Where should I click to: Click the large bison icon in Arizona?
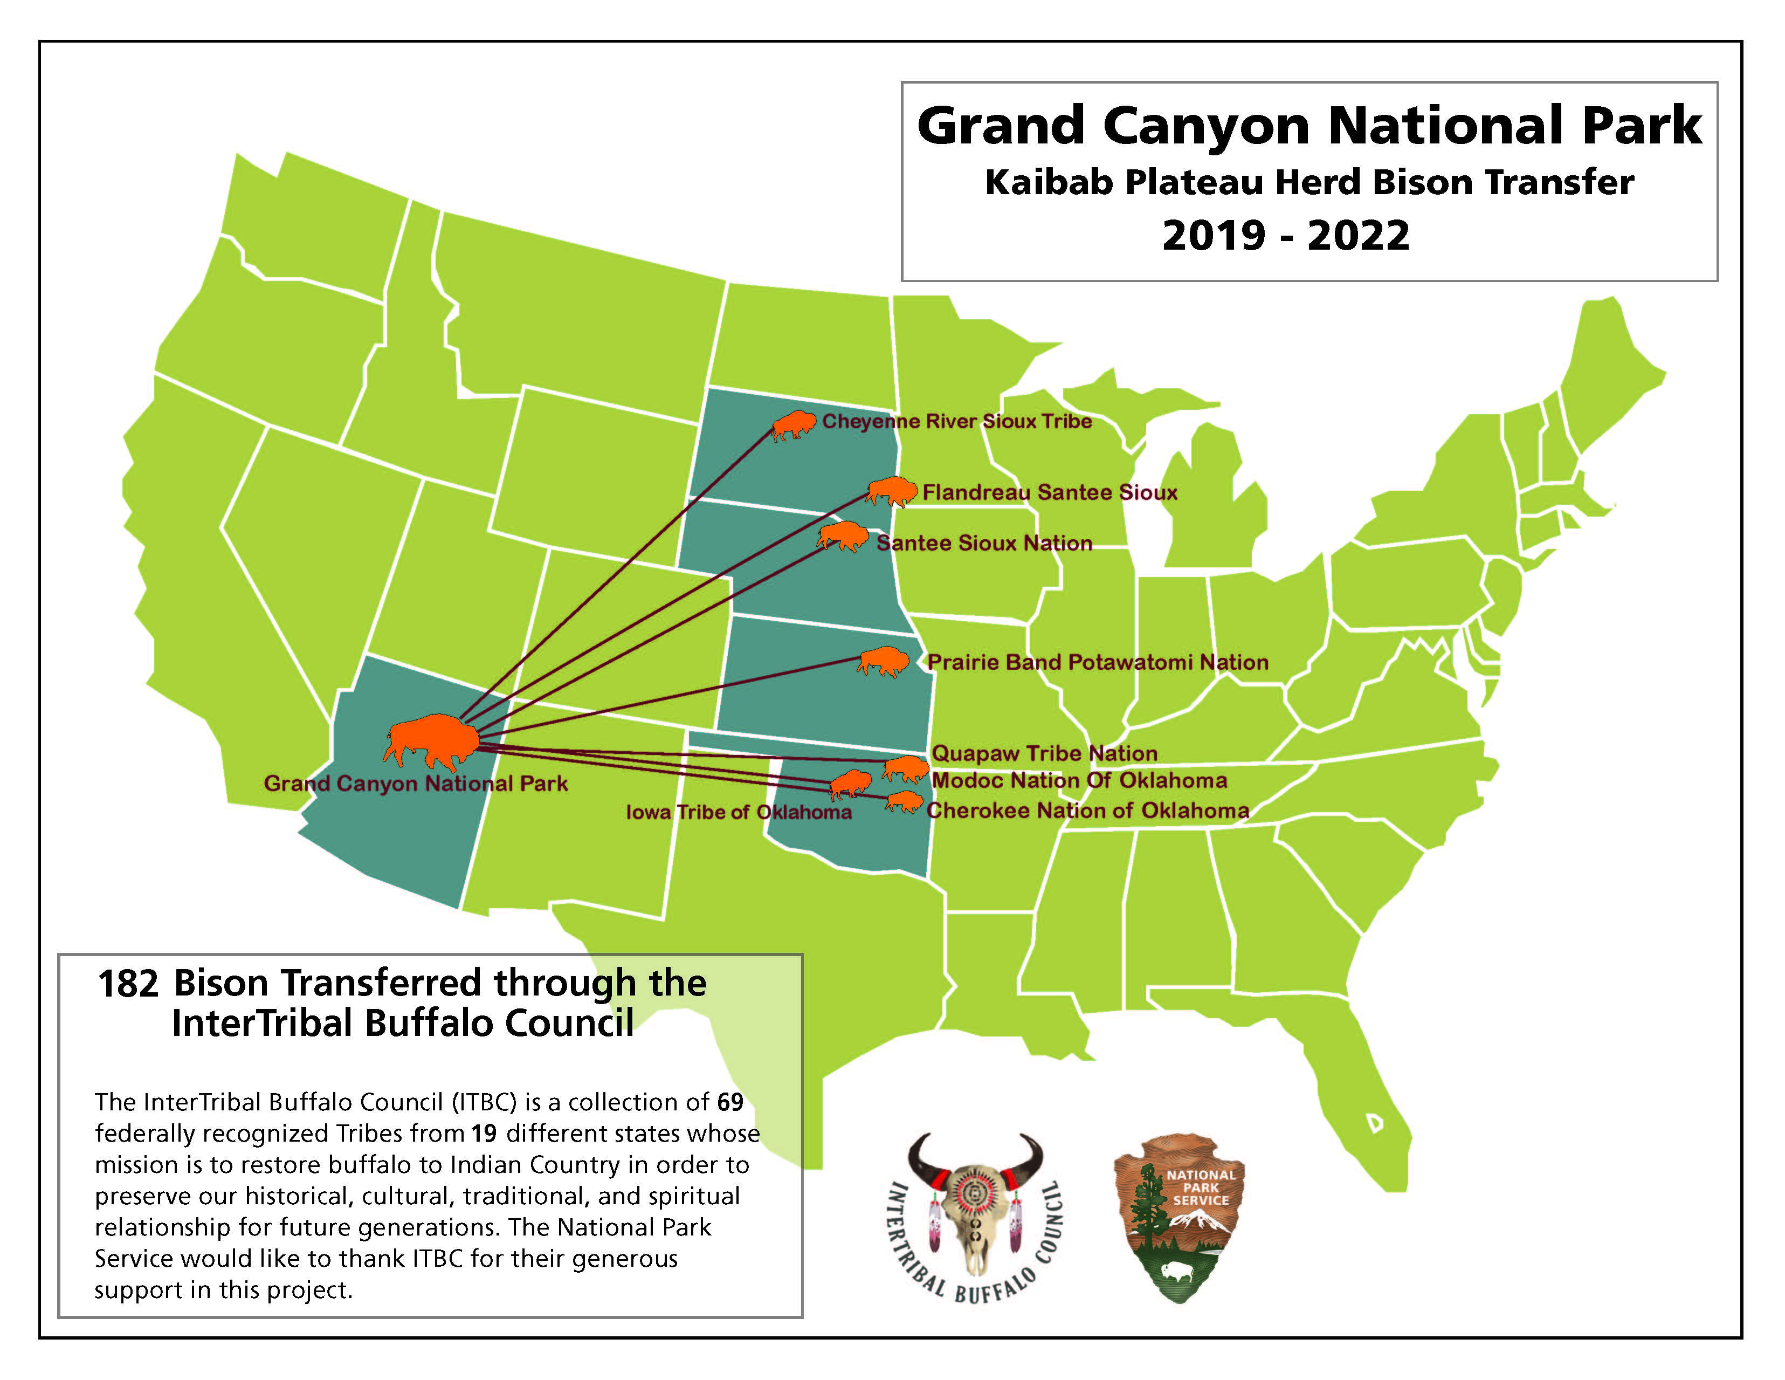click(431, 740)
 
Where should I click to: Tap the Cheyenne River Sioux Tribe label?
click(956, 421)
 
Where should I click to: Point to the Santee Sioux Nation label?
click(984, 543)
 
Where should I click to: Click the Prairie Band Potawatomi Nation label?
click(1098, 662)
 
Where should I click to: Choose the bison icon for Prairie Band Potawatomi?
click(883, 661)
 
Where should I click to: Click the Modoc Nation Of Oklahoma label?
click(1079, 781)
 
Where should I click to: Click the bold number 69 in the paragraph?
click(730, 1102)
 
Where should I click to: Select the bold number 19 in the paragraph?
click(484, 1134)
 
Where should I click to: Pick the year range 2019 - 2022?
click(1286, 236)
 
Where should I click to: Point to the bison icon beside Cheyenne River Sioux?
click(795, 424)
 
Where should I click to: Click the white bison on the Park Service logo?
click(1177, 1271)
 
